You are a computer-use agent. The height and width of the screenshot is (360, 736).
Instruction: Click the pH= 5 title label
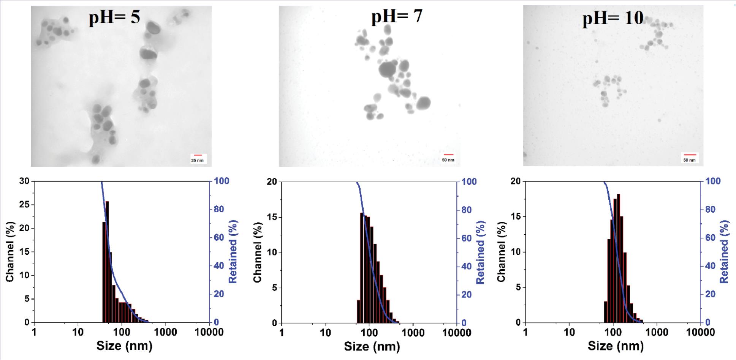click(114, 17)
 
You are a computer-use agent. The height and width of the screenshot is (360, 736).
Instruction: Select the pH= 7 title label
click(397, 17)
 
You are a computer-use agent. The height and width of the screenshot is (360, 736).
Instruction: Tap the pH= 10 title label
click(613, 18)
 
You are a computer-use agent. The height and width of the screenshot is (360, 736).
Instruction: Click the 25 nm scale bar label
click(197, 161)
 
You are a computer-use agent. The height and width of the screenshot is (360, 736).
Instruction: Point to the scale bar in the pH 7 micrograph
click(448, 155)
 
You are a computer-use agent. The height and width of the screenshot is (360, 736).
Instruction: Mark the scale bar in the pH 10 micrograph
click(689, 155)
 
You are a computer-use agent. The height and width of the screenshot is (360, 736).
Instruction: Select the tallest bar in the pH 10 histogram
click(618, 258)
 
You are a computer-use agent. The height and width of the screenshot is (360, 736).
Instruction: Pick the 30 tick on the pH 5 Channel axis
click(24, 181)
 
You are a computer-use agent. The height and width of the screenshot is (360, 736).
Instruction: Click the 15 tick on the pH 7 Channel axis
click(272, 218)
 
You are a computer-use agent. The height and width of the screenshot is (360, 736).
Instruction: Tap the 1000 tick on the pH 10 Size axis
click(657, 333)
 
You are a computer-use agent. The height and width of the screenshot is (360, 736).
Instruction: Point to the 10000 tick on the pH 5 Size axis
click(209, 332)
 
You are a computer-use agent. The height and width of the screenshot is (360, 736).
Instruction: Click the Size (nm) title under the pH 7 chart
click(372, 346)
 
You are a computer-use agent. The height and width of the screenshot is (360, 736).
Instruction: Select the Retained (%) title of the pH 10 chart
click(724, 252)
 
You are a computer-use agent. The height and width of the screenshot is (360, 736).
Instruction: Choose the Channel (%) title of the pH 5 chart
click(9, 252)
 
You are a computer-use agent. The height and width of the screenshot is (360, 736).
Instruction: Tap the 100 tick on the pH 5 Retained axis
click(222, 181)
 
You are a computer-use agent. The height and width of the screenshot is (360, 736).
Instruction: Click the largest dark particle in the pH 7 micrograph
click(388, 69)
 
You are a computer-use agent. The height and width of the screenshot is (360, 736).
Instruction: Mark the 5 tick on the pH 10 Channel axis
click(518, 287)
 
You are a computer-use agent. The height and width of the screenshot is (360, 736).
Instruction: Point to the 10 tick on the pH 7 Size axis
click(325, 333)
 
